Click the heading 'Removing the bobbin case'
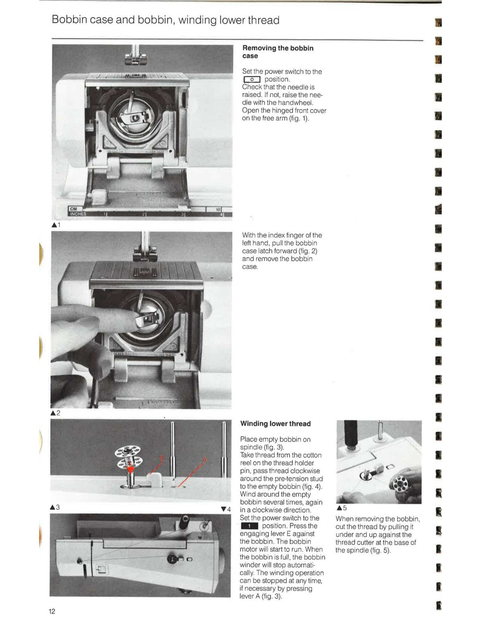[277, 52]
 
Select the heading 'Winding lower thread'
[275, 424]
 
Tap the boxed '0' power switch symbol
[251, 79]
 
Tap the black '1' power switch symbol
[249, 526]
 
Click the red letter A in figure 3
[204, 459]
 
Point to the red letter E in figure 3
[162, 459]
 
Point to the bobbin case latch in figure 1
[135, 117]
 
